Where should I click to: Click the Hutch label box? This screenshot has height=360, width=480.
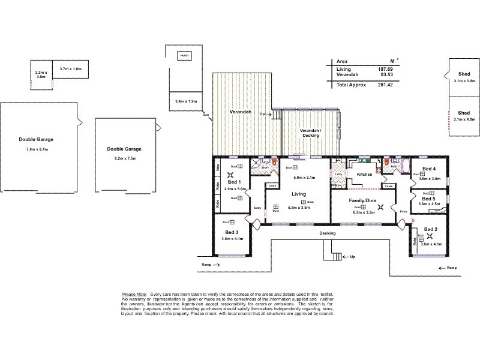(182, 56)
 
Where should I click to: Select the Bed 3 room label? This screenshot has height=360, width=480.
(232, 232)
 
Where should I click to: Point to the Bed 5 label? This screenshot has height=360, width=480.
(428, 198)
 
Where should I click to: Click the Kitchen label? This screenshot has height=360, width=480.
(365, 175)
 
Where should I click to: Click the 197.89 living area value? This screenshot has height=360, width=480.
(385, 70)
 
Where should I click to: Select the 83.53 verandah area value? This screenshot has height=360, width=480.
(386, 75)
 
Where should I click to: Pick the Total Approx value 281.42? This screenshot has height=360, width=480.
(385, 85)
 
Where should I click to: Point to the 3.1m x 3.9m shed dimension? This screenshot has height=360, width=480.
(464, 80)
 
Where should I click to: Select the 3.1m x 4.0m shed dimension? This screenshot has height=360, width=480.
(464, 119)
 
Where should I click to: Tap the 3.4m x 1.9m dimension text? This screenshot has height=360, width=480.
(186, 101)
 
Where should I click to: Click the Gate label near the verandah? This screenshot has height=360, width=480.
(206, 115)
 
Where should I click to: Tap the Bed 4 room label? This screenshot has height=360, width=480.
(428, 169)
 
